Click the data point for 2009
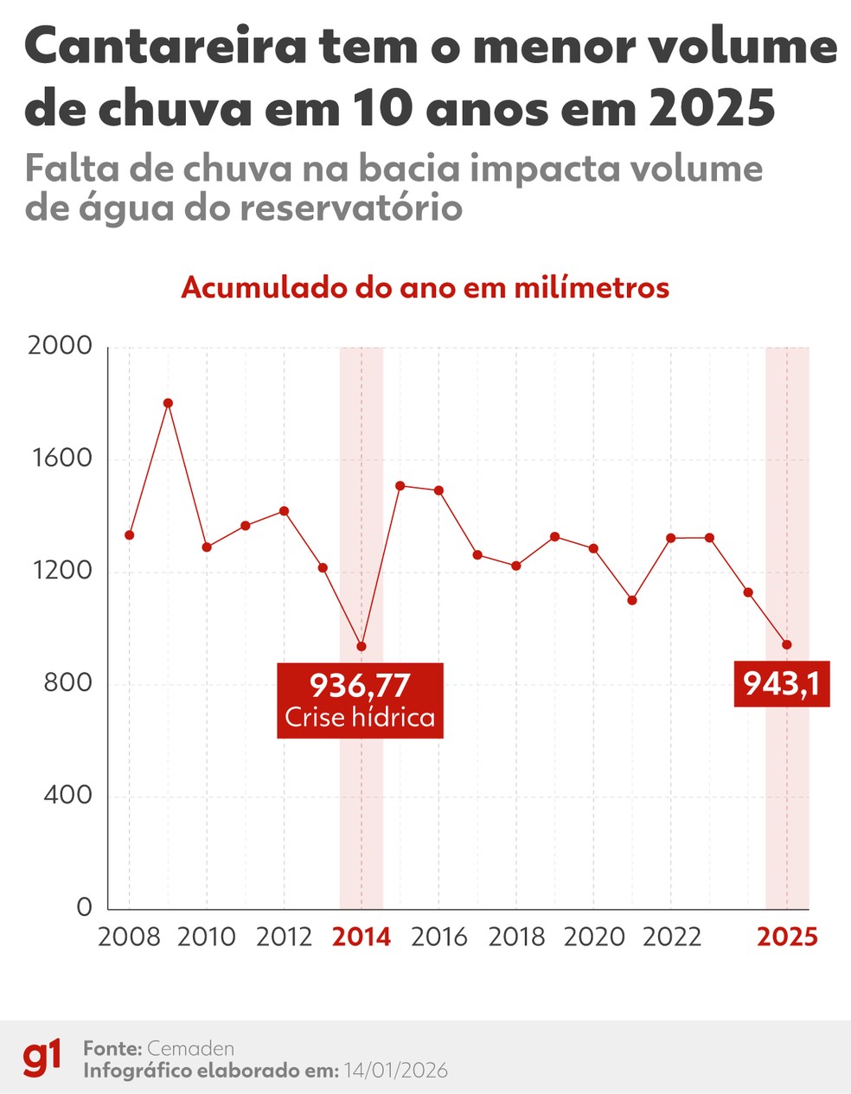(168, 403)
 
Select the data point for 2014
(362, 646)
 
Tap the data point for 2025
(787, 644)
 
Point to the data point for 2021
(632, 600)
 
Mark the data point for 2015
(400, 486)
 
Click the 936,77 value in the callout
(360, 685)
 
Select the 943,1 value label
(782, 684)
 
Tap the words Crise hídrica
(360, 718)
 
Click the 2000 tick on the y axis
(60, 346)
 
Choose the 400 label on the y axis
(67, 796)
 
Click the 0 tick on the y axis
(84, 907)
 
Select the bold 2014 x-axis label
(362, 937)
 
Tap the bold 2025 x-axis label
(787, 937)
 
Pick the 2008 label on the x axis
(129, 937)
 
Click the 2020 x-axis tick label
(593, 937)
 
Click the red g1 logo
(42, 1059)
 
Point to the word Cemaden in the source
(191, 1048)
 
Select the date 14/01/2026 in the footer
(395, 1071)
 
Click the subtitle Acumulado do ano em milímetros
(425, 287)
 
